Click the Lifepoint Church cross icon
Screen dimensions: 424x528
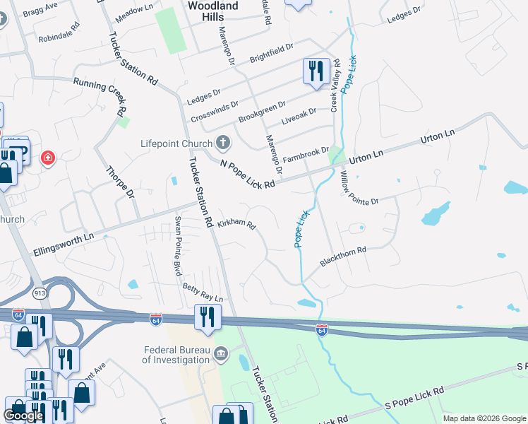tap(223, 143)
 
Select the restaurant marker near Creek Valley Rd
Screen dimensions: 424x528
tap(315, 71)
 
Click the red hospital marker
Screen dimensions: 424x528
tap(48, 157)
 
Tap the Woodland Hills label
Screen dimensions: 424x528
tap(213, 6)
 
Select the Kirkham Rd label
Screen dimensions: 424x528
tap(236, 223)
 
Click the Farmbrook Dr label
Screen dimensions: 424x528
tap(306, 152)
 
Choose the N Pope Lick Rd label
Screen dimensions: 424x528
tap(247, 174)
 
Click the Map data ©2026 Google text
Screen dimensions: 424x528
tap(484, 418)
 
